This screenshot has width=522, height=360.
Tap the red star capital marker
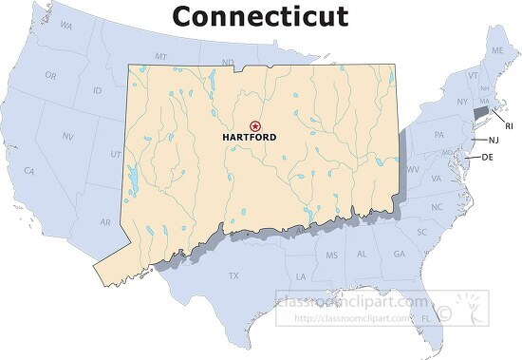point(254,125)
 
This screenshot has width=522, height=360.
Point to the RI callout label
point(508,125)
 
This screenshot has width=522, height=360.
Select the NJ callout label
point(493,140)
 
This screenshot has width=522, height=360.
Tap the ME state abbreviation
point(496,49)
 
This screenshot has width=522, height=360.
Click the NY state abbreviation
point(462,101)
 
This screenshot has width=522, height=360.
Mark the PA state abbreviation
point(439,136)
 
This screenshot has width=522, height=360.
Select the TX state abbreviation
point(233,275)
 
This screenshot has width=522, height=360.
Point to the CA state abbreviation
point(29,171)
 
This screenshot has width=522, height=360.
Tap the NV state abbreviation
point(67,137)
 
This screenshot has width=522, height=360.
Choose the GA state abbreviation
point(399,255)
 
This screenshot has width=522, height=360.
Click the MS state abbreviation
point(331,256)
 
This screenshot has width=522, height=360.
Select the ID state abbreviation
point(97,90)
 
